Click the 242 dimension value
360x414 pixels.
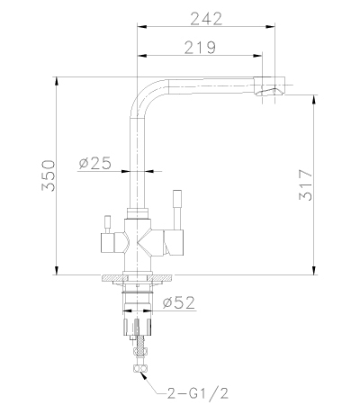click(207, 19)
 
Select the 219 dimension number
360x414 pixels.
click(200, 48)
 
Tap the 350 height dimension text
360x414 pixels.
click(49, 175)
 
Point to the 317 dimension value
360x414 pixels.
click(306, 185)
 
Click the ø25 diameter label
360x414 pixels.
click(95, 163)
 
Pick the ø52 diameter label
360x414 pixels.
click(179, 302)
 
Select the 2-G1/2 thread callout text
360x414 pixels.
click(198, 392)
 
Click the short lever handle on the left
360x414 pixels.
click(107, 224)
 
